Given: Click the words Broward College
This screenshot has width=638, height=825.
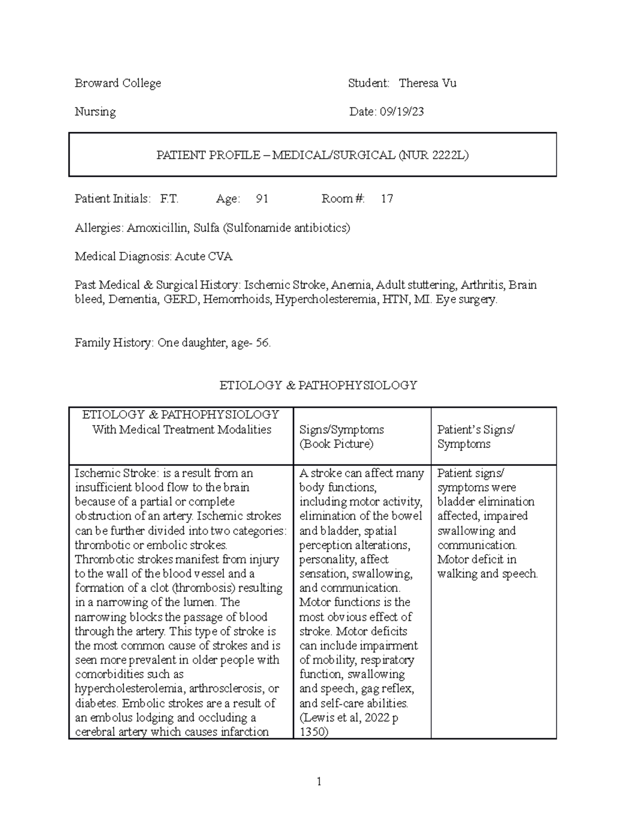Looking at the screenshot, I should coord(117,83).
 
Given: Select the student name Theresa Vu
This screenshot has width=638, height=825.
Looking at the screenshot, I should coord(427,83).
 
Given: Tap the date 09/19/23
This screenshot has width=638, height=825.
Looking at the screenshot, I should coord(402,112).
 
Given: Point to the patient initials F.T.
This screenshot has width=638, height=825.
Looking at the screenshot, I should coord(169,199).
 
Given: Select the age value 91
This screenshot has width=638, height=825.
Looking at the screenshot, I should coord(262,199).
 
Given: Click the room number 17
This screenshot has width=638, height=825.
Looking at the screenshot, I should coord(387,199).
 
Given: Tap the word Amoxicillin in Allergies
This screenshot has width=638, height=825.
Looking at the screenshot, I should coord(157,228).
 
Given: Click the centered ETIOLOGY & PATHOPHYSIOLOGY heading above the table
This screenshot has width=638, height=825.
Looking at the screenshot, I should coord(318,386).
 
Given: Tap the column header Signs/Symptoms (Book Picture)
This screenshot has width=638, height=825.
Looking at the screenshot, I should coord(341,437).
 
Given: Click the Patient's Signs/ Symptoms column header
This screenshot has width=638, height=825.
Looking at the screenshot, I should coord(475,437).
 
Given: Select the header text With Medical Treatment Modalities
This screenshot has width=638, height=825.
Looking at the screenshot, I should coord(182,430).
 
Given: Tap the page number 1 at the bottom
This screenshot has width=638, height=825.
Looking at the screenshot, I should coord(319,781).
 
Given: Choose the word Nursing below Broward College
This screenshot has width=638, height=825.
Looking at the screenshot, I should coord(95,112).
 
